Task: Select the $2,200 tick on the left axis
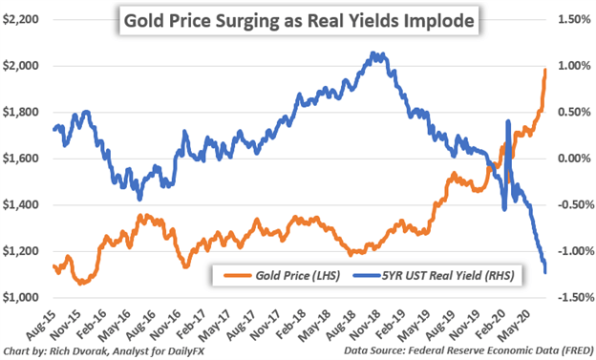click(23, 19)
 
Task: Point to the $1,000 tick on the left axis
click(23, 298)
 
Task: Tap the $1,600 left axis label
click(23, 159)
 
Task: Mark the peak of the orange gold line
click(544, 69)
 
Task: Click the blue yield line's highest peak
click(373, 54)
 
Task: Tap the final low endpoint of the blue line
click(545, 273)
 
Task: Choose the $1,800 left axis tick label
click(23, 112)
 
